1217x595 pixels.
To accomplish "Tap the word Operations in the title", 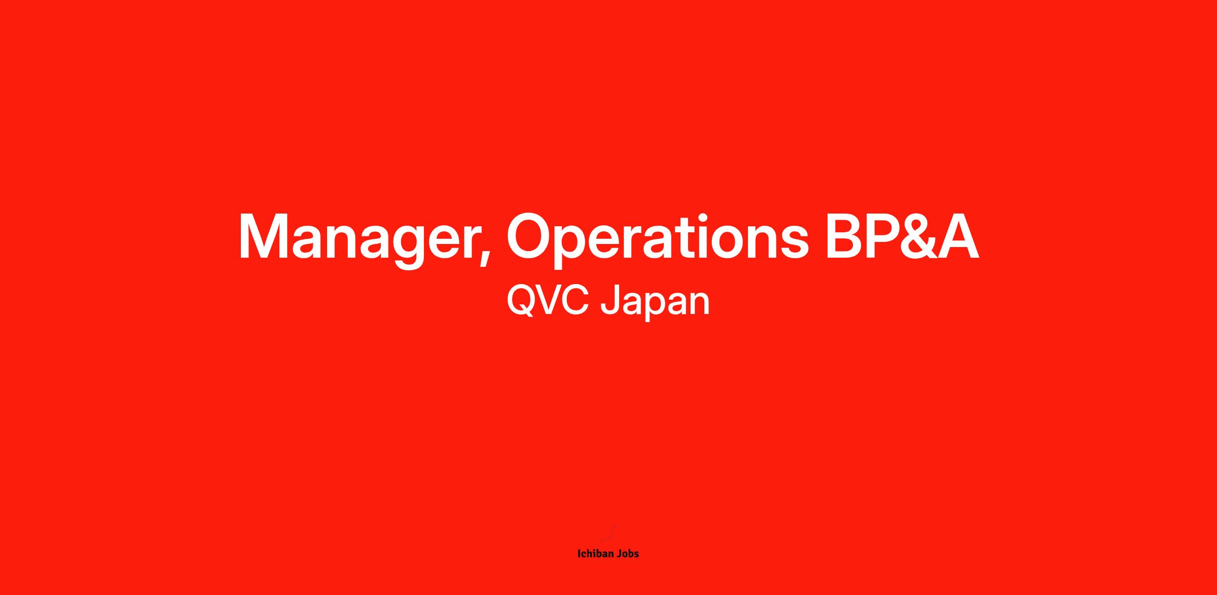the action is pos(658,237).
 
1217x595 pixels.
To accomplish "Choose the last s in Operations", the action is pos(793,243).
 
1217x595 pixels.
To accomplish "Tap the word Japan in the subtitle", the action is pos(655,303).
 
